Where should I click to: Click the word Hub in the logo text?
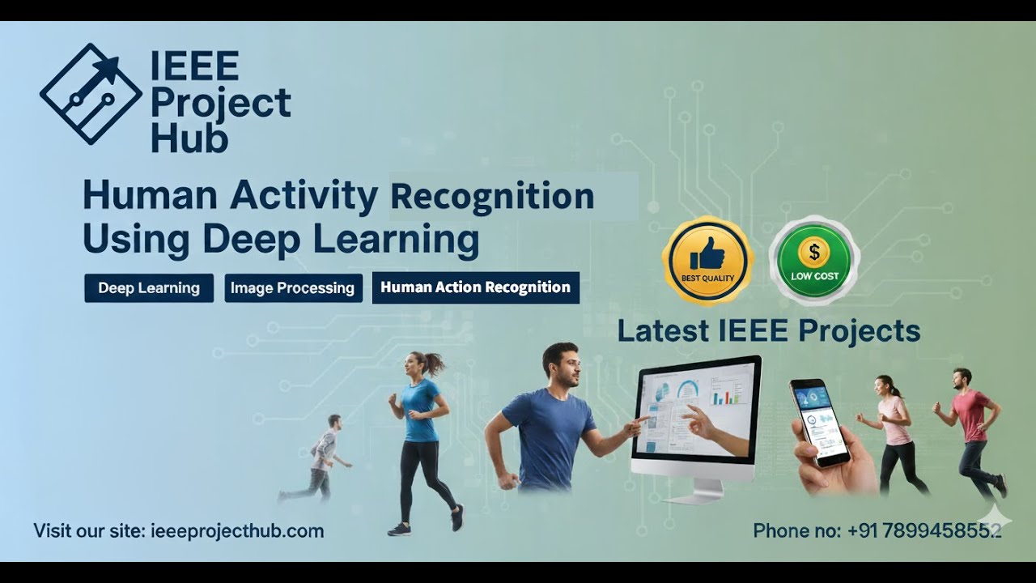(189, 139)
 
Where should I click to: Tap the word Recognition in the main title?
(492, 196)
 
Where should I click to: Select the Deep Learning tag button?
(149, 287)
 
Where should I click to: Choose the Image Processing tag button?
(292, 287)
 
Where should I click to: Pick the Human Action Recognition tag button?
(475, 287)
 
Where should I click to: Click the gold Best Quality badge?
(707, 261)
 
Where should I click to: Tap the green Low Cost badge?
(813, 261)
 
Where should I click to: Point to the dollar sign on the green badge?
(813, 253)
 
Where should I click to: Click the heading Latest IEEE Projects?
(768, 330)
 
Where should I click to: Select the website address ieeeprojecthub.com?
(237, 531)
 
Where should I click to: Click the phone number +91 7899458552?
(924, 531)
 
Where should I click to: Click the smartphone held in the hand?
(818, 421)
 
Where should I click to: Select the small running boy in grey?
(322, 455)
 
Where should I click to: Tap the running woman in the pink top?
(896, 433)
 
